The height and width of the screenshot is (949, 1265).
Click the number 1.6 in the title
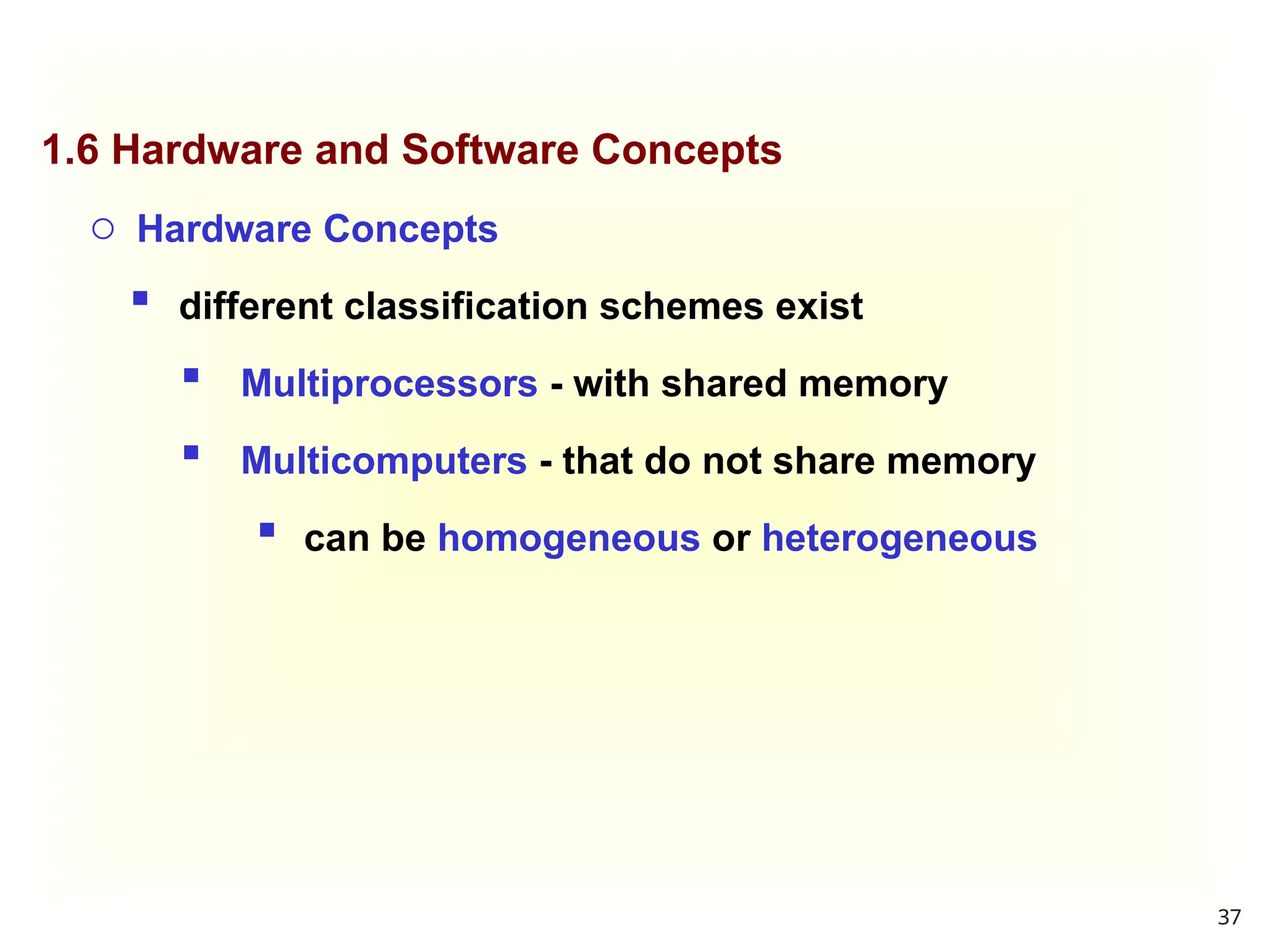(70, 150)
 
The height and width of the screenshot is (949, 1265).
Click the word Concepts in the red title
(686, 150)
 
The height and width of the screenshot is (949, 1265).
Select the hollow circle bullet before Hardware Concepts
(103, 230)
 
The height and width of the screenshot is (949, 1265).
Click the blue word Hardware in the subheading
(224, 229)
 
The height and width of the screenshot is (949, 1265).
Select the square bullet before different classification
(140, 299)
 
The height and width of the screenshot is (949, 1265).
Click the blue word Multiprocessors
(389, 384)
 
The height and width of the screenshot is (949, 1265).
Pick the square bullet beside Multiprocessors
(191, 376)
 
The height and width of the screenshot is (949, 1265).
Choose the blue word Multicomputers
(384, 461)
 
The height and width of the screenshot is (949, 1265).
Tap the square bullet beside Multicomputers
(191, 453)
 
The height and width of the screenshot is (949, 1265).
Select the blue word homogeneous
(568, 538)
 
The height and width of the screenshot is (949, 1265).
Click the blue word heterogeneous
(899, 538)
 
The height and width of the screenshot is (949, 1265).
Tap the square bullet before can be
(267, 530)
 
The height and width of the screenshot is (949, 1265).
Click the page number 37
(1229, 917)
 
